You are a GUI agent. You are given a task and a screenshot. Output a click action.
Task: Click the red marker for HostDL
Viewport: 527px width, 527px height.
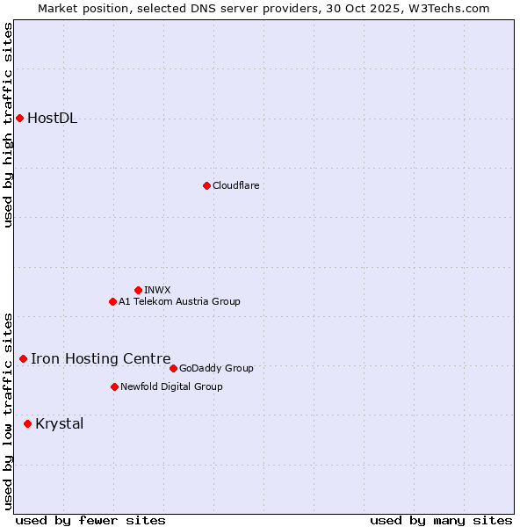pos(19,118)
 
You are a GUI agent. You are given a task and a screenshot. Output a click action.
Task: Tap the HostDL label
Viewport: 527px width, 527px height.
pos(53,119)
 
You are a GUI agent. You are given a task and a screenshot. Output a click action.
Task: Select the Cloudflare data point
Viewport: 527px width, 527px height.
pos(206,185)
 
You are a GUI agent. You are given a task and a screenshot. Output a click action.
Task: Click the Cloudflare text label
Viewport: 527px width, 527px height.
pos(235,185)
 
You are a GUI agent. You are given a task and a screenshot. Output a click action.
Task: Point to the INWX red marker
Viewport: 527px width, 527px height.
pos(138,290)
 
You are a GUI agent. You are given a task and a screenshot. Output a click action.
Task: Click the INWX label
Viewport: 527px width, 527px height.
pos(157,290)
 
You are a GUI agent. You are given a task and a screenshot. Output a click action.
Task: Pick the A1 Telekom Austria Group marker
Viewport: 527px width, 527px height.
pos(112,301)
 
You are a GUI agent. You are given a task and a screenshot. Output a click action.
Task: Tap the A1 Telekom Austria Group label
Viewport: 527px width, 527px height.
pos(179,301)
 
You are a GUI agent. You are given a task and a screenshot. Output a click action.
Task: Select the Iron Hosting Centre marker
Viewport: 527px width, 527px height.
pos(23,358)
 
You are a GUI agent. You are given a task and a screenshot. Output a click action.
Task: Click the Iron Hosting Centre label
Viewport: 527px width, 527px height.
pos(101,358)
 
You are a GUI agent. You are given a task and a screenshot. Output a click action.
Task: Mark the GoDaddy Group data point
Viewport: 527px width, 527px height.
pos(173,368)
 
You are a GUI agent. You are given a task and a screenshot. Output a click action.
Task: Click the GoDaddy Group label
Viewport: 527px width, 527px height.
pos(216,368)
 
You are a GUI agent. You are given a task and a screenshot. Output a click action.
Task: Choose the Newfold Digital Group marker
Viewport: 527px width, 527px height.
pos(114,386)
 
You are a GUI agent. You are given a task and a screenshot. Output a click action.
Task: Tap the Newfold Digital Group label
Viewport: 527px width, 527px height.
pos(171,386)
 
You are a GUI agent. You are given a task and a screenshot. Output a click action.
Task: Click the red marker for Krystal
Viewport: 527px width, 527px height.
pos(27,423)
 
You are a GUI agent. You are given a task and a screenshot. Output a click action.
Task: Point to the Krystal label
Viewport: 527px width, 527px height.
pos(60,424)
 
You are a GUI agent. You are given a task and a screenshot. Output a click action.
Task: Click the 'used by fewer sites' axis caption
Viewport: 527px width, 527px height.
pos(90,520)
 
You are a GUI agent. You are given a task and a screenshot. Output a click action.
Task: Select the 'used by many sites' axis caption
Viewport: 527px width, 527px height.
pos(441,520)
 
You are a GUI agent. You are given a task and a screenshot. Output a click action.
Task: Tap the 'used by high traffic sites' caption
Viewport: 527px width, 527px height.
pos(8,125)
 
